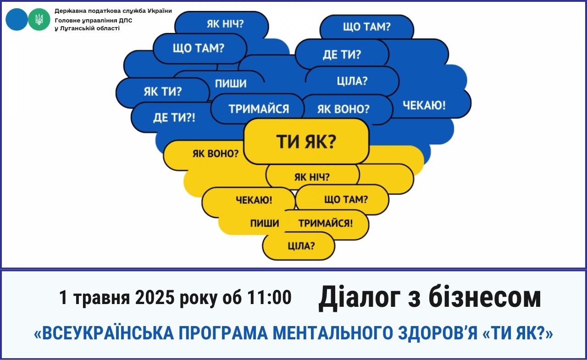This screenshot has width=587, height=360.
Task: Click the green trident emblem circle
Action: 39,19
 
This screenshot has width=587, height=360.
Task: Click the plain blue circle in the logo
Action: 17,19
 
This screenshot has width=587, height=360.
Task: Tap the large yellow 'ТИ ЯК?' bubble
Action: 306,141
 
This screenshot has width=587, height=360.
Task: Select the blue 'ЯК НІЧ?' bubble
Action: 222,25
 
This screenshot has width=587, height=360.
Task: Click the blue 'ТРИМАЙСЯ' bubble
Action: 257,109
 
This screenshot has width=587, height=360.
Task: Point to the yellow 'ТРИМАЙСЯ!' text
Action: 326,223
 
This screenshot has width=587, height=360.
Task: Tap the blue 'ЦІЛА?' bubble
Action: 352,81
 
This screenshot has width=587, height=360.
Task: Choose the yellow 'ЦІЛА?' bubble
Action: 299,246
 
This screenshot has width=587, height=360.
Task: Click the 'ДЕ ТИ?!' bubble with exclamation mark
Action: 173,117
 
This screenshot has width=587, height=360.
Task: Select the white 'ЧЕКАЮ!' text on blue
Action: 424,105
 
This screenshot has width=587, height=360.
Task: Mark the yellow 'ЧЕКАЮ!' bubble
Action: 249,202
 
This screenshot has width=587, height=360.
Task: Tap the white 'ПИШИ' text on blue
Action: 231,83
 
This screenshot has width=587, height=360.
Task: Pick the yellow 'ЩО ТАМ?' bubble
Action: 342,199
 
